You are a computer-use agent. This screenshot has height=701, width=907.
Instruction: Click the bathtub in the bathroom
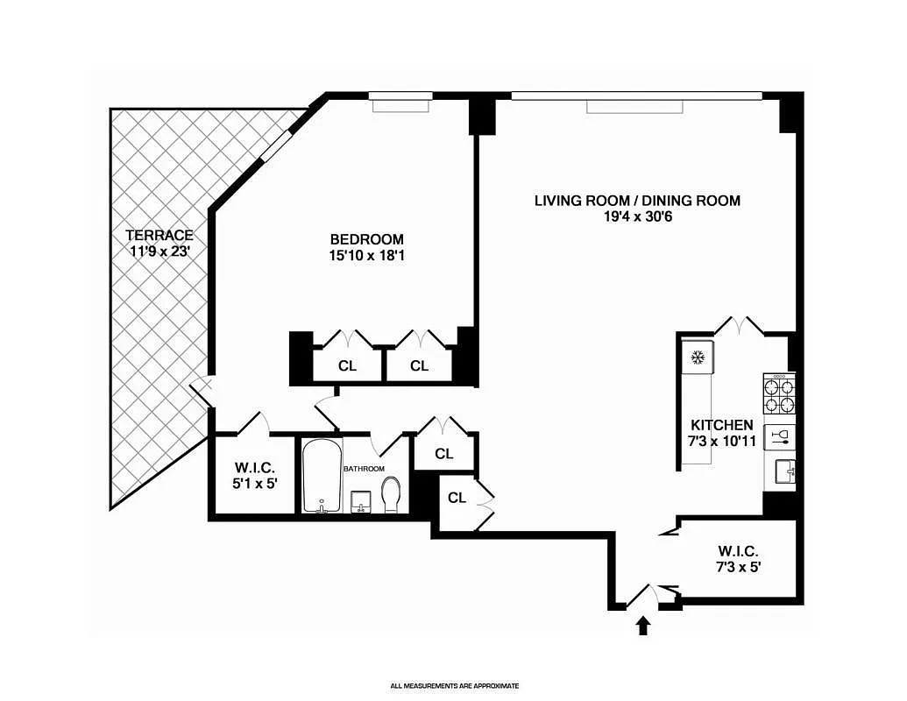[322, 476]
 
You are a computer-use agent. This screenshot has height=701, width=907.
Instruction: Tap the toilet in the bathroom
[392, 495]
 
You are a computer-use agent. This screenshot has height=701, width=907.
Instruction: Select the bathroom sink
[362, 502]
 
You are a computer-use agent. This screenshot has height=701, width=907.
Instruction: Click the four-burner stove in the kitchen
[779, 394]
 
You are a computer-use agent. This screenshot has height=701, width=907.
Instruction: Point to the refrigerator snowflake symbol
[698, 358]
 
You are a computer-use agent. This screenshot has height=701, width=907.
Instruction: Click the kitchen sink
[785, 471]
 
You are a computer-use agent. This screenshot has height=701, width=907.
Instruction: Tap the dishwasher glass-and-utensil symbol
[780, 437]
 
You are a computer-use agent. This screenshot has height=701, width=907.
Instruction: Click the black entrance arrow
[642, 626]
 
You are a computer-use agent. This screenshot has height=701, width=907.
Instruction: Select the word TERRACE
[159, 236]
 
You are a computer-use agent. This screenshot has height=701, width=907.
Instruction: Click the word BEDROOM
[366, 239]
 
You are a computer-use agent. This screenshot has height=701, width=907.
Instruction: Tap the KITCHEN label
[722, 425]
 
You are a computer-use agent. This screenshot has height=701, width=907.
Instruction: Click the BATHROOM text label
[364, 469]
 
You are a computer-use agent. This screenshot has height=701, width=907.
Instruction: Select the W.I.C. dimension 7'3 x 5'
[738, 567]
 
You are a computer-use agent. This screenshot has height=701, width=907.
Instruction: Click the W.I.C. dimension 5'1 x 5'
[255, 483]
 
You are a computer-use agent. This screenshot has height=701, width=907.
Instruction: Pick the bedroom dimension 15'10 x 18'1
[366, 255]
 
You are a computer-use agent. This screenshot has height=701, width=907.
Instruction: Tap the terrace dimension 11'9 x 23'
[159, 251]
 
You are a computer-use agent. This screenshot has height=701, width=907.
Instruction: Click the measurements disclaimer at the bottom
[454, 686]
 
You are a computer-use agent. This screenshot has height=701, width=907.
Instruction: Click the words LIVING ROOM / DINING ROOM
[637, 201]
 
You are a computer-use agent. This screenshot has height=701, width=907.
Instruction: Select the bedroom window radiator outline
[400, 106]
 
